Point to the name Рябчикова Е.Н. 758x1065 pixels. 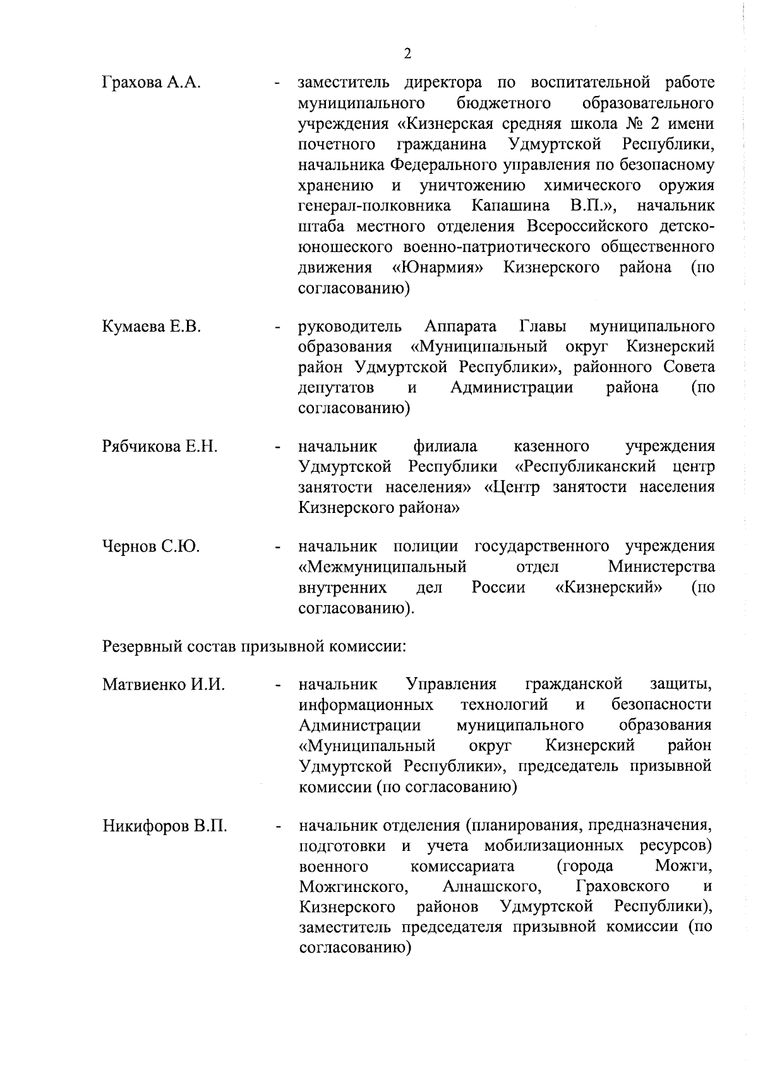pyautogui.click(x=160, y=447)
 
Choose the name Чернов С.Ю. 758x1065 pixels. pyautogui.click(x=151, y=546)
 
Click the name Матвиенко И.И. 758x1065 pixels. pyautogui.click(x=164, y=684)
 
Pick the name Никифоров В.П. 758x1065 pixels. pyautogui.click(x=165, y=826)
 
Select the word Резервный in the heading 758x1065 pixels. pyautogui.click(x=140, y=647)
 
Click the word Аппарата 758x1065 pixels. pyautogui.click(x=460, y=327)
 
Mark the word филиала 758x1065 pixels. pyautogui.click(x=445, y=447)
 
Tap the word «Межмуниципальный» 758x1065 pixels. pyautogui.click(x=382, y=567)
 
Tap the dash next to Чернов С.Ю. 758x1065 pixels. pyautogui.click(x=277, y=548)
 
